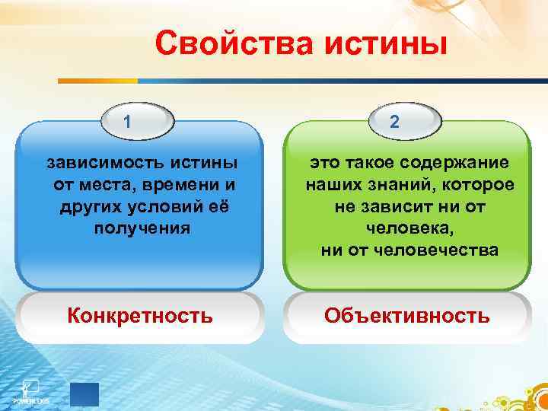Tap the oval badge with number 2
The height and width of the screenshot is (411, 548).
coord(393,121)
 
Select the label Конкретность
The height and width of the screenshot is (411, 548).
coord(140,315)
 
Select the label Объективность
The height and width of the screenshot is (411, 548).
coord(406,315)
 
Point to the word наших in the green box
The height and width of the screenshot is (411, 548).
coord(331,185)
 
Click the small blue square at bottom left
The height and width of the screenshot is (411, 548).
coord(84,394)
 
